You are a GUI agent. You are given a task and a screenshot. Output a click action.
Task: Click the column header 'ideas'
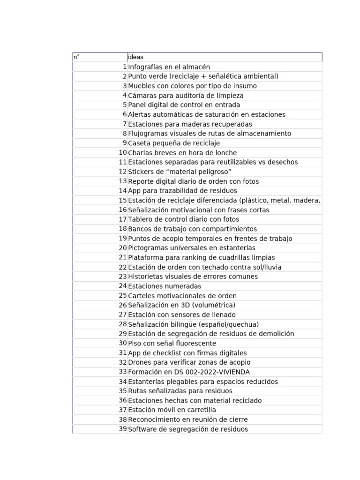tap(136, 57)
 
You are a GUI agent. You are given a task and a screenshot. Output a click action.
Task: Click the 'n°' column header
tap(76, 57)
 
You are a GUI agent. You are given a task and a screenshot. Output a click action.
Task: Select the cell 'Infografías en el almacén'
tap(169, 67)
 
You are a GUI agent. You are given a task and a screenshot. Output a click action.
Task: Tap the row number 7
tap(125, 124)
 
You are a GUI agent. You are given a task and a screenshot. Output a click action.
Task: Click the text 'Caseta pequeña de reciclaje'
tap(173, 143)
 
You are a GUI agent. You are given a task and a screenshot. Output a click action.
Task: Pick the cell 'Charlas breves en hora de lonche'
tap(182, 153)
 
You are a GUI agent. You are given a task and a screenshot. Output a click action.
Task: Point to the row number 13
tap(123, 181)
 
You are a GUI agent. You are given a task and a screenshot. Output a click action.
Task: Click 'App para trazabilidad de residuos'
tap(182, 191)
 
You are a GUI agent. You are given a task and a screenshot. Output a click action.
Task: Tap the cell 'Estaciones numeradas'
tap(165, 286)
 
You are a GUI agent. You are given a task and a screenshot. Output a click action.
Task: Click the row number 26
tap(123, 305)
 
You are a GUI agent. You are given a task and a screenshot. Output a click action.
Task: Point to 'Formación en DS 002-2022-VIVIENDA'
tap(189, 372)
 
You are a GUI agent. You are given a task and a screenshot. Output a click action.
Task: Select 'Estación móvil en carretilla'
tap(172, 410)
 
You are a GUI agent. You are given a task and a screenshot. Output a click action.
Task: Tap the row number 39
tap(123, 429)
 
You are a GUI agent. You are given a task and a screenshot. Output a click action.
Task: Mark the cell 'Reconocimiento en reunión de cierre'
tap(187, 420)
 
